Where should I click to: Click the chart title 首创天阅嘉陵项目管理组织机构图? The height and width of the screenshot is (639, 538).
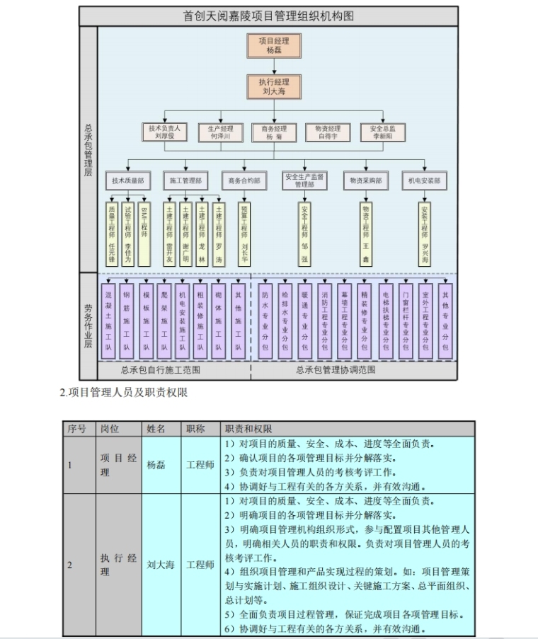point(268,16)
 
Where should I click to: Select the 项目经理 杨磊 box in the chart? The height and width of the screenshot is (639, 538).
point(268,45)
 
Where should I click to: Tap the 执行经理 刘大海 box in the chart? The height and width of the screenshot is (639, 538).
point(268,86)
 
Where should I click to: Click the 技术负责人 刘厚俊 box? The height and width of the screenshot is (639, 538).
point(164,132)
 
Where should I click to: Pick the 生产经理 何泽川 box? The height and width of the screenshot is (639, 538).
point(216,132)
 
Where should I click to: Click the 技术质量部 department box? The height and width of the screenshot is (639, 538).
point(127,181)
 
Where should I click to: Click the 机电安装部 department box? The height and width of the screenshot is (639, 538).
point(425,181)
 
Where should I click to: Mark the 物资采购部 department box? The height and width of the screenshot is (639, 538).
point(366,181)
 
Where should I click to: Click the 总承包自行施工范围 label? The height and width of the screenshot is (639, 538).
point(161,370)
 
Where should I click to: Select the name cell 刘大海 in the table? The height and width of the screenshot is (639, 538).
point(161,565)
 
